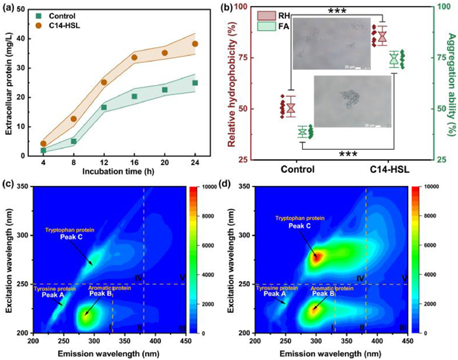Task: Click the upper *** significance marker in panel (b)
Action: [341, 11]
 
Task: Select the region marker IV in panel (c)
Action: [138, 278]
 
